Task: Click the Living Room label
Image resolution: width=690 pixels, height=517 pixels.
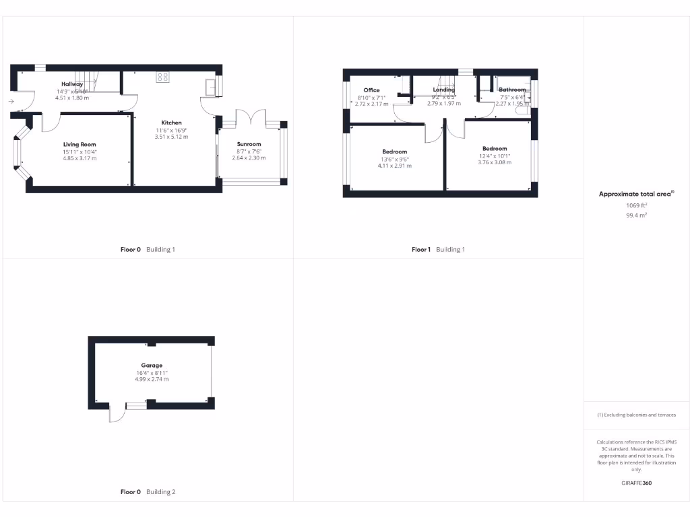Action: pos(80,145)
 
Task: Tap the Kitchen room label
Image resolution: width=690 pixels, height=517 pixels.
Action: pos(171,123)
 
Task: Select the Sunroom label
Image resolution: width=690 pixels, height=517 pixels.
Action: pos(249,144)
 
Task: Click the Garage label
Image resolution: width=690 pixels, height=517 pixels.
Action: pos(152,366)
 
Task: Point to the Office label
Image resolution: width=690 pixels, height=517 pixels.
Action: pos(371,90)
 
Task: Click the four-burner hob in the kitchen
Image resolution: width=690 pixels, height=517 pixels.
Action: pos(162,77)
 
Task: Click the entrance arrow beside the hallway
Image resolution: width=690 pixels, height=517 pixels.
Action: pos(11,102)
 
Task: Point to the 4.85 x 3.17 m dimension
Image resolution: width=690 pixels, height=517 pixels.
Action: pos(80,159)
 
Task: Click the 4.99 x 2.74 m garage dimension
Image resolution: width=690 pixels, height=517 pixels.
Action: pos(152,379)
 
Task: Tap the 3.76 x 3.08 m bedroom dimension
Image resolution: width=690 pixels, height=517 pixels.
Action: pos(495,162)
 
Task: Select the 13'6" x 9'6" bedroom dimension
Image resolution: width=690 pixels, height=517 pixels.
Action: pos(394,159)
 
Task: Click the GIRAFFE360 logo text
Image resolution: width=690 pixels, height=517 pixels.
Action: pos(636,483)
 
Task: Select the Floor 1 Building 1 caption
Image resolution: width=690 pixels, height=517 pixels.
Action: pos(438,250)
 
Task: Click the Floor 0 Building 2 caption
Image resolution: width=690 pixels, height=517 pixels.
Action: pos(148,492)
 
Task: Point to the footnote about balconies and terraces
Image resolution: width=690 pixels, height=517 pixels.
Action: pos(637,415)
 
